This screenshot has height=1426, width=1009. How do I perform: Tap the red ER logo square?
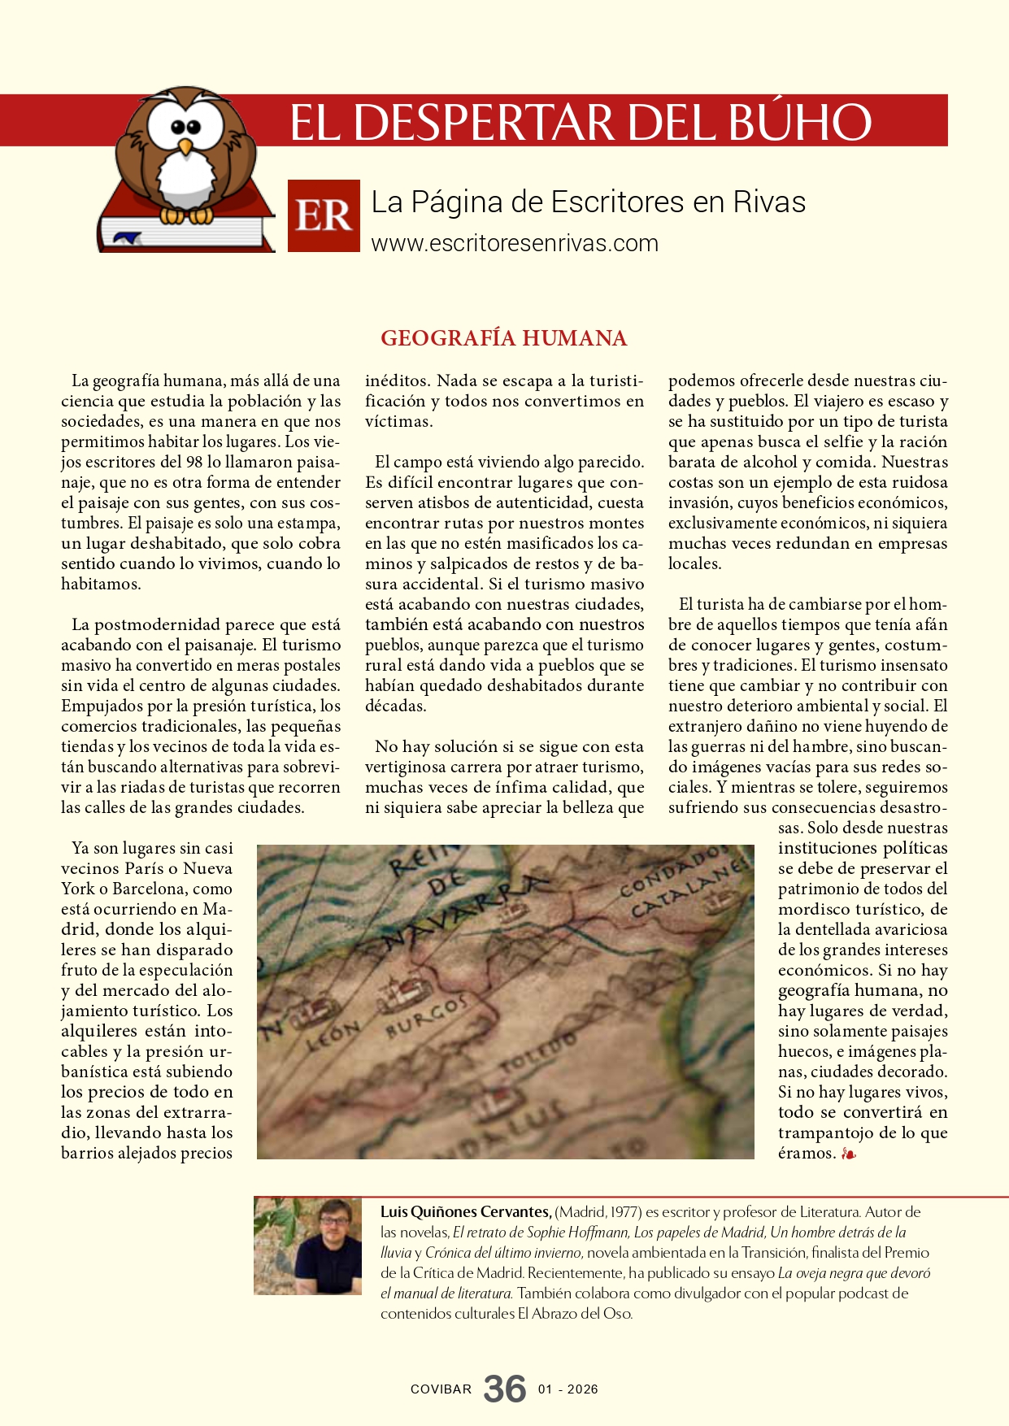click(x=324, y=215)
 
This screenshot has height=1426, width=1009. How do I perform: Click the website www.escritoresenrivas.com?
click(x=515, y=243)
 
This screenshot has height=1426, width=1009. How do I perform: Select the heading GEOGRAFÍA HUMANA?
click(x=504, y=338)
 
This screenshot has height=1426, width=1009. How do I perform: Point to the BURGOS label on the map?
click(x=427, y=1016)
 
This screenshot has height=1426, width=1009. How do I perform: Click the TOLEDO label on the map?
click(x=538, y=1054)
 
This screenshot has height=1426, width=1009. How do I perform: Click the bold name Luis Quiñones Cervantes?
click(x=466, y=1211)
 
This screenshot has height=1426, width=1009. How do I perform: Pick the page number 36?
click(x=505, y=1389)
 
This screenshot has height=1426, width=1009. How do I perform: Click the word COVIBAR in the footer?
click(x=441, y=1389)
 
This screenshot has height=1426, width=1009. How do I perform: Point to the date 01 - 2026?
click(x=568, y=1389)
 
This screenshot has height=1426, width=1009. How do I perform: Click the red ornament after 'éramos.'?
click(x=848, y=1154)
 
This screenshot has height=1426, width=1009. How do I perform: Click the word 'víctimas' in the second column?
click(x=398, y=421)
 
